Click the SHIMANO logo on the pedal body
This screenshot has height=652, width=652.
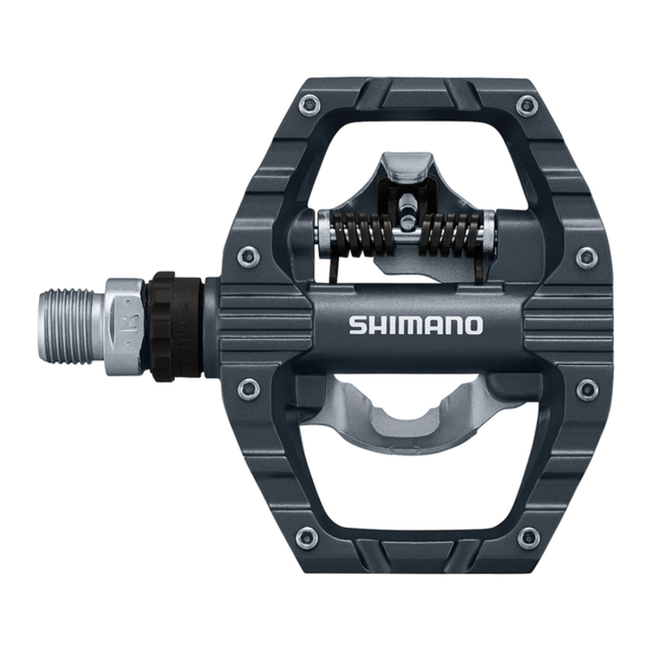[x=416, y=325]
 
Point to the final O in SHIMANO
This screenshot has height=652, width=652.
[x=471, y=325]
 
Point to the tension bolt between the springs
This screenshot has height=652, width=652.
[x=406, y=213]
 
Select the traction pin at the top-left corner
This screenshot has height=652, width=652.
[x=306, y=105]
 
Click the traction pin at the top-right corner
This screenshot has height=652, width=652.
[x=526, y=105]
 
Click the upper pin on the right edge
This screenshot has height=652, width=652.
[x=587, y=256]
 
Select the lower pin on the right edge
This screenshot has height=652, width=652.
[x=587, y=389]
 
